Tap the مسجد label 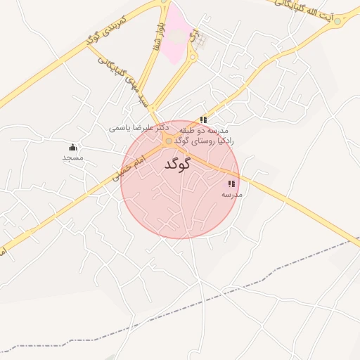point(72,158)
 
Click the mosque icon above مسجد point(72,147)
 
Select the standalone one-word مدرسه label point(232,194)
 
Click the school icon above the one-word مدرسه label point(231,184)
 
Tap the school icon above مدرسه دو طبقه point(203,120)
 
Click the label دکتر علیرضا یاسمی point(137,129)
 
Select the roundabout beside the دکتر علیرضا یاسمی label point(168,141)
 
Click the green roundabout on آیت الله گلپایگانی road point(337,21)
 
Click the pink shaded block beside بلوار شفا point(178,32)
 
